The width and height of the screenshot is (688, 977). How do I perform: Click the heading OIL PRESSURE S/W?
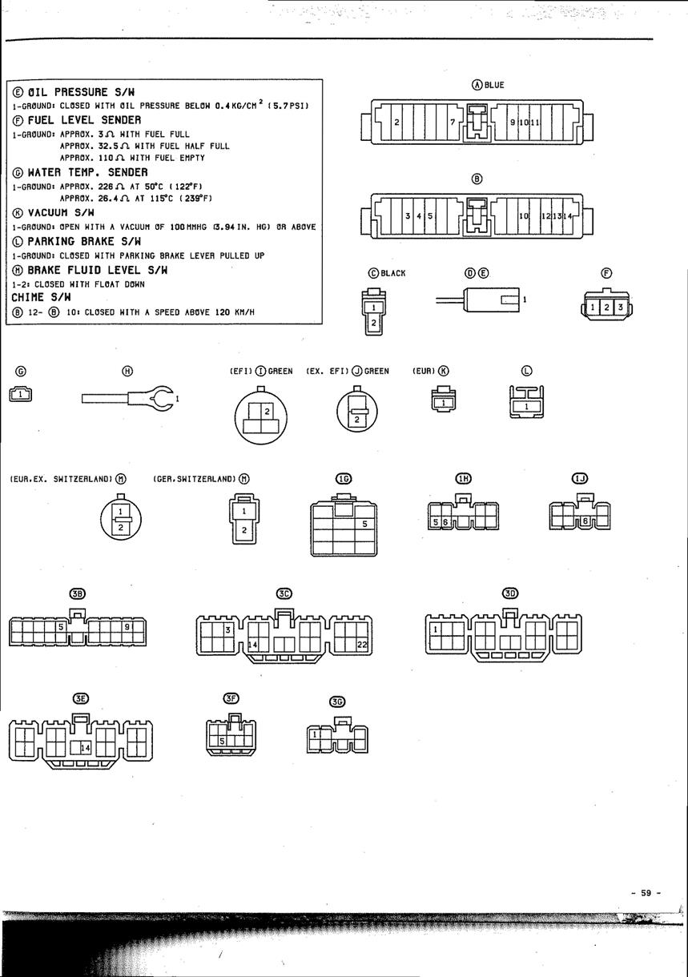80,92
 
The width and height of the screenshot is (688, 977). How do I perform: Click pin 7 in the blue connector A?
453,123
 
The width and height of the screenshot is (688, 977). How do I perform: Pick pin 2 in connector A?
396,123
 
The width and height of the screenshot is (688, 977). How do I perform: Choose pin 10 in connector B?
524,216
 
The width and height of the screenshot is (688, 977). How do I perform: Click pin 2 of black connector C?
373,323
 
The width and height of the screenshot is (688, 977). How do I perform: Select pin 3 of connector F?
619,308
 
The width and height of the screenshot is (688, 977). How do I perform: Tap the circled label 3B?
78,593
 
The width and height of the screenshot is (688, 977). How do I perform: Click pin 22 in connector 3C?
360,645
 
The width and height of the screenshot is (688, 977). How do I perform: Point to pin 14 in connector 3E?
86,747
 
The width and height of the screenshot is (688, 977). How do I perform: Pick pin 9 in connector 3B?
127,627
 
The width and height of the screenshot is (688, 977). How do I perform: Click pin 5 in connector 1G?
364,524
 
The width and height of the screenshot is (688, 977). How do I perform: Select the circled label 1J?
579,478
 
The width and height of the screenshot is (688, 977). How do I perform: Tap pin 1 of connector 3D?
436,629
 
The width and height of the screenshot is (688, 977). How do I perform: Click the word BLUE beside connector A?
494,85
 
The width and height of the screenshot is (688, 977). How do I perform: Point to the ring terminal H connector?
160,397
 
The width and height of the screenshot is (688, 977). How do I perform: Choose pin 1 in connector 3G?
316,734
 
